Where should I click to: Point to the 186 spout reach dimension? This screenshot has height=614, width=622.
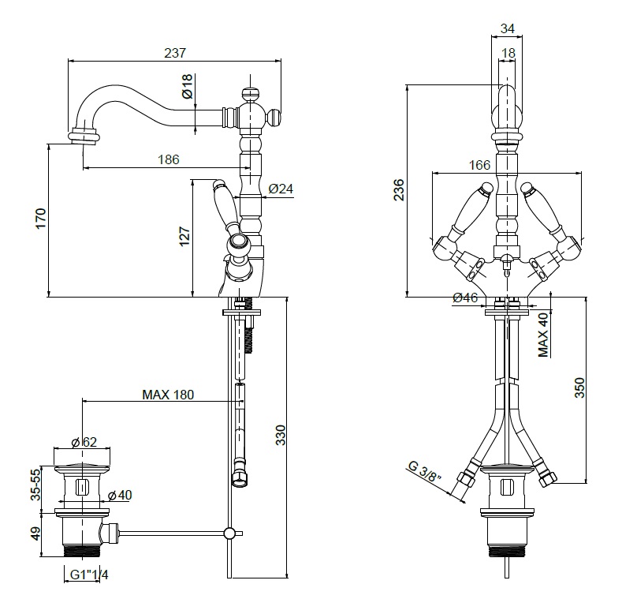point(168,159)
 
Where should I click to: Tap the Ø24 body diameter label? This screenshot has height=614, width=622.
point(281,189)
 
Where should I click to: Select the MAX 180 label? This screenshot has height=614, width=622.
point(168,394)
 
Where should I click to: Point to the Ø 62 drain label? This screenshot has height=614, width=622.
point(84,442)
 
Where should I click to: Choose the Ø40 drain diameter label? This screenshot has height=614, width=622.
point(119,495)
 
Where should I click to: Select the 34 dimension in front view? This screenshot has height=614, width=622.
point(508,29)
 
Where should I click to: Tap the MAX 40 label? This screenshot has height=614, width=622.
point(543,334)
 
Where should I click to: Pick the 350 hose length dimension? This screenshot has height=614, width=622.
point(579,389)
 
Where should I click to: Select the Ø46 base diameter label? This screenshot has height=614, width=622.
point(467,298)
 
